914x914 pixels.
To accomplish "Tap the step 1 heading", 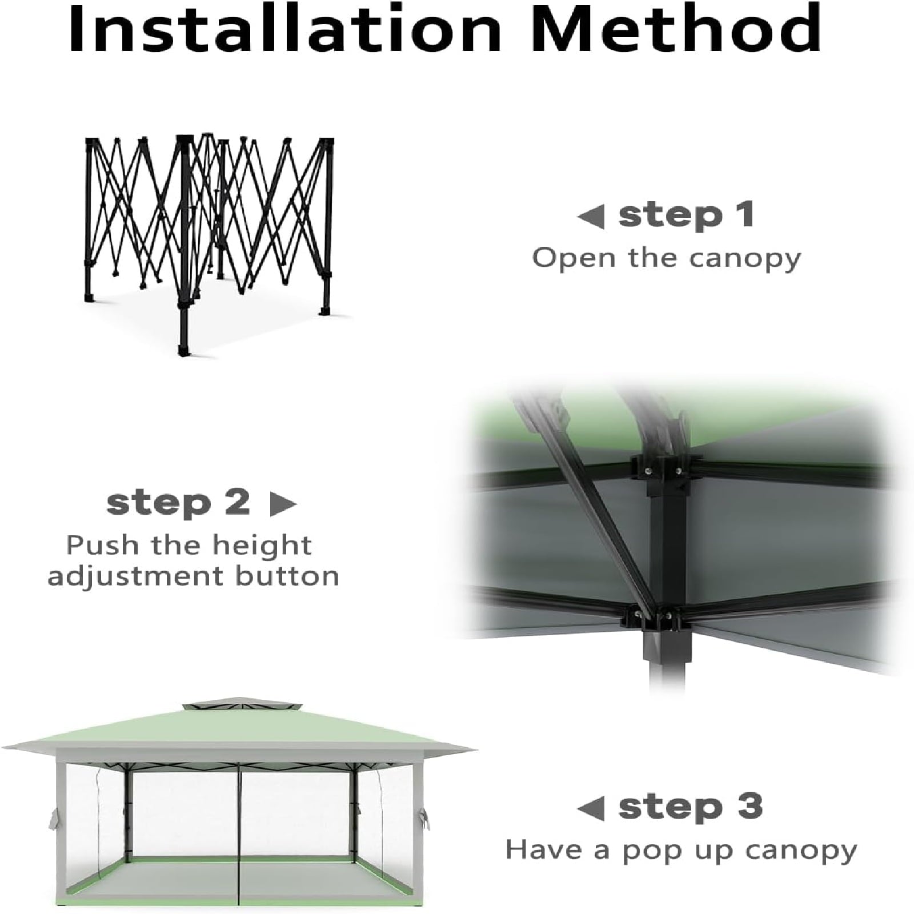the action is pos(686,215).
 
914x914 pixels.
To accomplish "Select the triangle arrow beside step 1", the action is pos(591,218).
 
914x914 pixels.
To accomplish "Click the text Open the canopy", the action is pos(667,259).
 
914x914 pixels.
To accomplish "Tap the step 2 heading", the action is pos(178,503).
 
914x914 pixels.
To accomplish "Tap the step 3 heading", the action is pos(691,807).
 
